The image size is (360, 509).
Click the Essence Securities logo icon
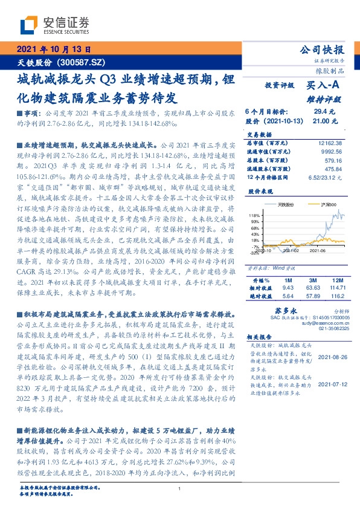(30, 25)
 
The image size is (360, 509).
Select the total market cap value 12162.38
(329, 143)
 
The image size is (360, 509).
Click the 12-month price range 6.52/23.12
(326, 177)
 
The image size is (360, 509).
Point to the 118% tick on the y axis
(254, 215)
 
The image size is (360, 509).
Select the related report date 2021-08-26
(332, 357)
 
